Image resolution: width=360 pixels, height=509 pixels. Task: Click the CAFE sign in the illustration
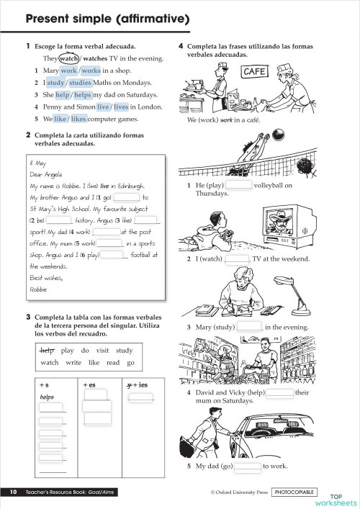[255, 72]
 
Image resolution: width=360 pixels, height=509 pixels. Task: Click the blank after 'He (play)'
[240, 185]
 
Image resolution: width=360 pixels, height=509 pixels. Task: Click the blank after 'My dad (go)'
[247, 466]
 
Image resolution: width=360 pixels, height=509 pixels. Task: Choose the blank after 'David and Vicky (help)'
[279, 393]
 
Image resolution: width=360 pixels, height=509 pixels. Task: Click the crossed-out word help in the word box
[48, 351]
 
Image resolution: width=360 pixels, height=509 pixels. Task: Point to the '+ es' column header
[89, 385]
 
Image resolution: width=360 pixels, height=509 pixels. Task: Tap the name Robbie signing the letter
[38, 289]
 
